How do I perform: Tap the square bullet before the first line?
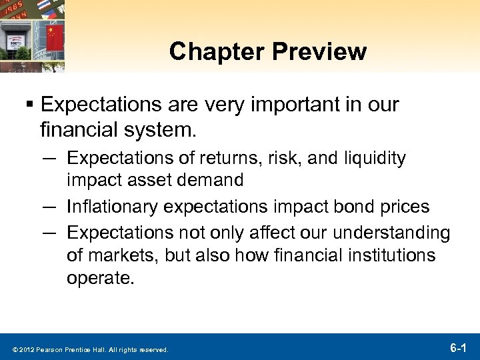coord(30,105)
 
